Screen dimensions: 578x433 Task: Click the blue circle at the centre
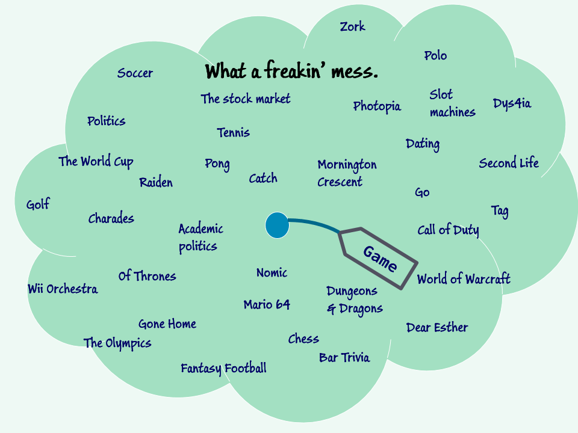277,225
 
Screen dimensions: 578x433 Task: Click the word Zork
352,27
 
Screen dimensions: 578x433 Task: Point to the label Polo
435,56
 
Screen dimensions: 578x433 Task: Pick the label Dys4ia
512,103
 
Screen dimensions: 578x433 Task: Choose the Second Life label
509,163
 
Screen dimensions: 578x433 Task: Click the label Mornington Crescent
347,173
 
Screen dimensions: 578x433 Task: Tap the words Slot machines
452,103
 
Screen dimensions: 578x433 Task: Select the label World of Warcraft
463,279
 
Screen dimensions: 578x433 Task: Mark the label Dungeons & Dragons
355,299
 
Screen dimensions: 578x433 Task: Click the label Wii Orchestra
63,289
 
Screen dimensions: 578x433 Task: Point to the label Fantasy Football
223,368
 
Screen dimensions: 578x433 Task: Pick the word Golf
38,205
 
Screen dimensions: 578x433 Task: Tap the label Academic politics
200,238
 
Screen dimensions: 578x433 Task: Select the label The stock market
246,99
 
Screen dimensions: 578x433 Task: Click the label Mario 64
267,305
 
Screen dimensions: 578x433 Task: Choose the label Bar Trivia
344,358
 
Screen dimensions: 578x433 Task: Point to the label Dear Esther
437,328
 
